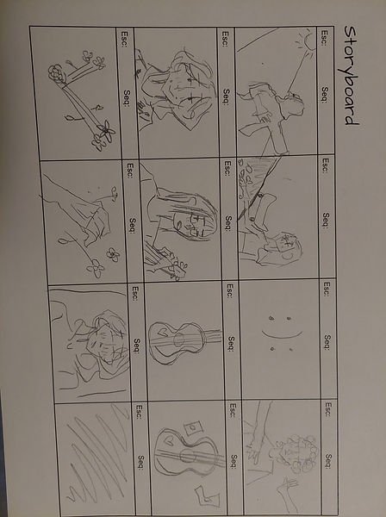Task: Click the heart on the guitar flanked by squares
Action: pyautogui.click(x=170, y=439)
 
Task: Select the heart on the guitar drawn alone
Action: pyautogui.click(x=161, y=330)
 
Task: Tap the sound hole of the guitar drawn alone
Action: pyautogui.click(x=178, y=339)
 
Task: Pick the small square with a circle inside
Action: pyautogui.click(x=192, y=427)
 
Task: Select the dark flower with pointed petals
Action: pyautogui.click(x=106, y=131)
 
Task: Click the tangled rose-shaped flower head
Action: pyautogui.click(x=57, y=73)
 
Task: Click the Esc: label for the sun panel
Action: pyautogui.click(x=324, y=38)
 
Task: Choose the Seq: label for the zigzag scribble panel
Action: pyautogui.click(x=140, y=462)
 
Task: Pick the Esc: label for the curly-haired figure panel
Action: pyautogui.click(x=328, y=409)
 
